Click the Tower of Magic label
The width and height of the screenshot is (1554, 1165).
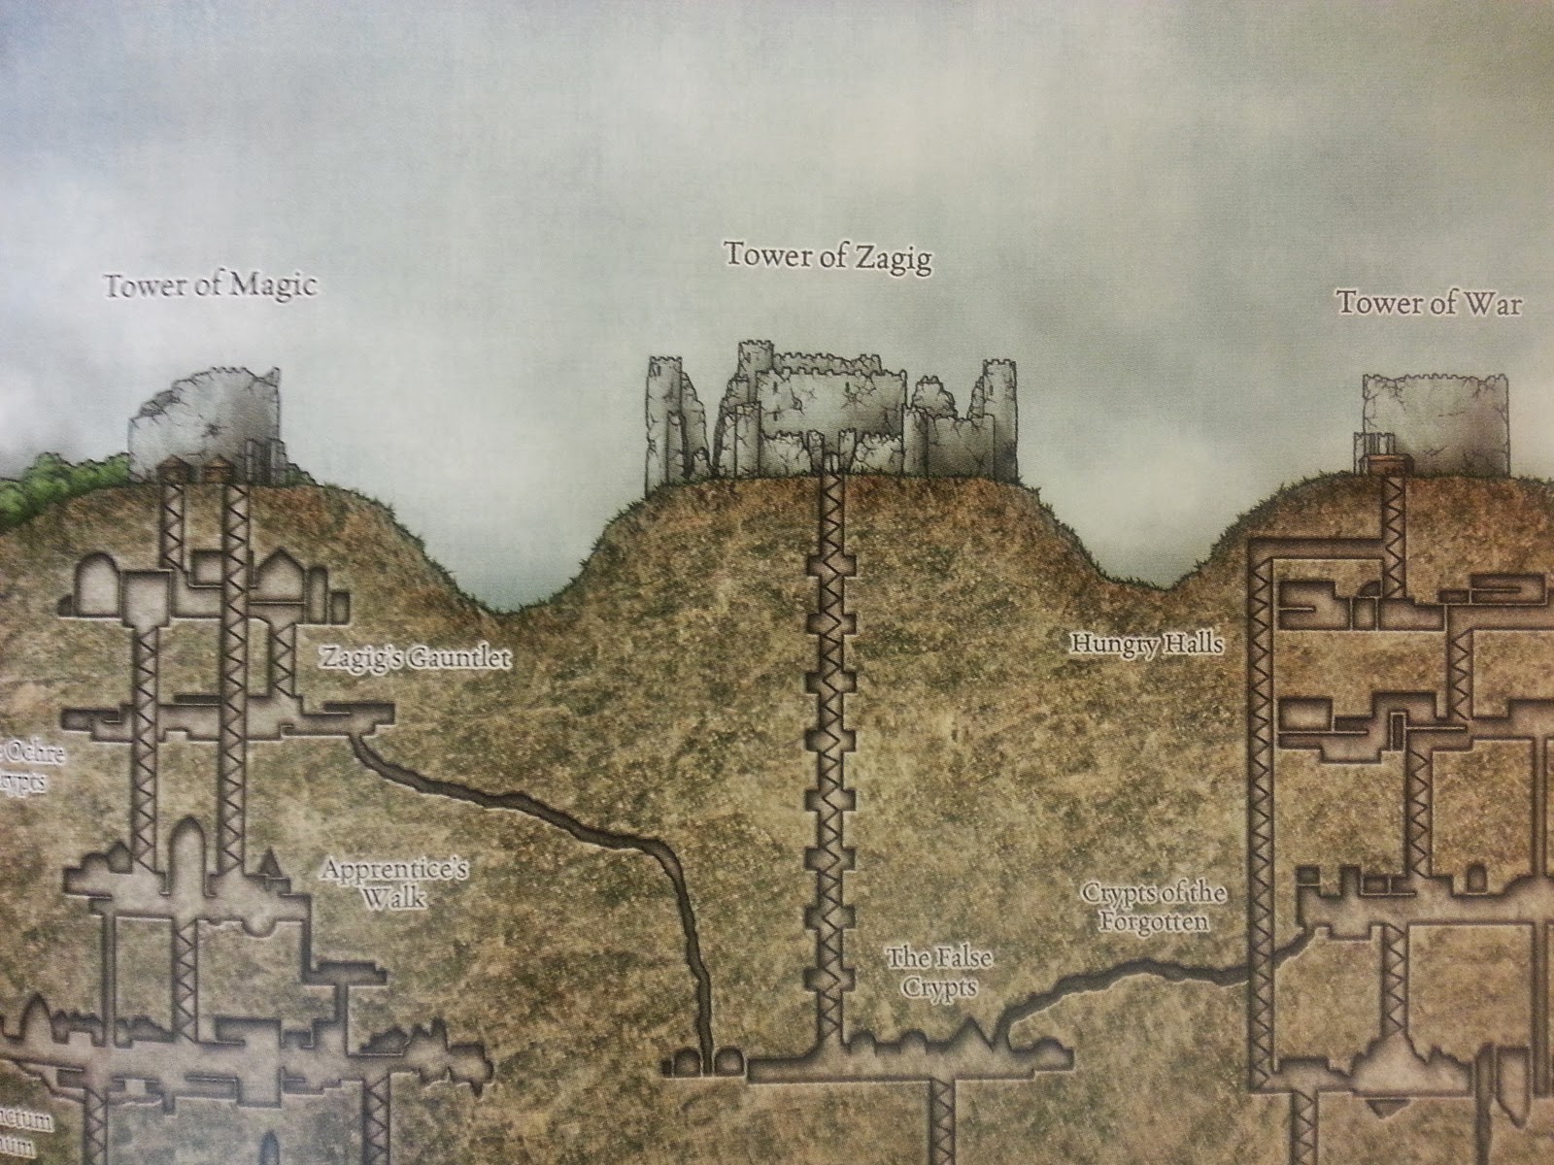coord(210,286)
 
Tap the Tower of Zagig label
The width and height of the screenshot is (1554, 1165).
coord(828,258)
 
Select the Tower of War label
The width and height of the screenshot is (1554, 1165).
coord(1429,303)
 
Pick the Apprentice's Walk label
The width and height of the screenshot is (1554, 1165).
coord(394,882)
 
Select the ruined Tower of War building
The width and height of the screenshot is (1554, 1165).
coord(1435,423)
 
